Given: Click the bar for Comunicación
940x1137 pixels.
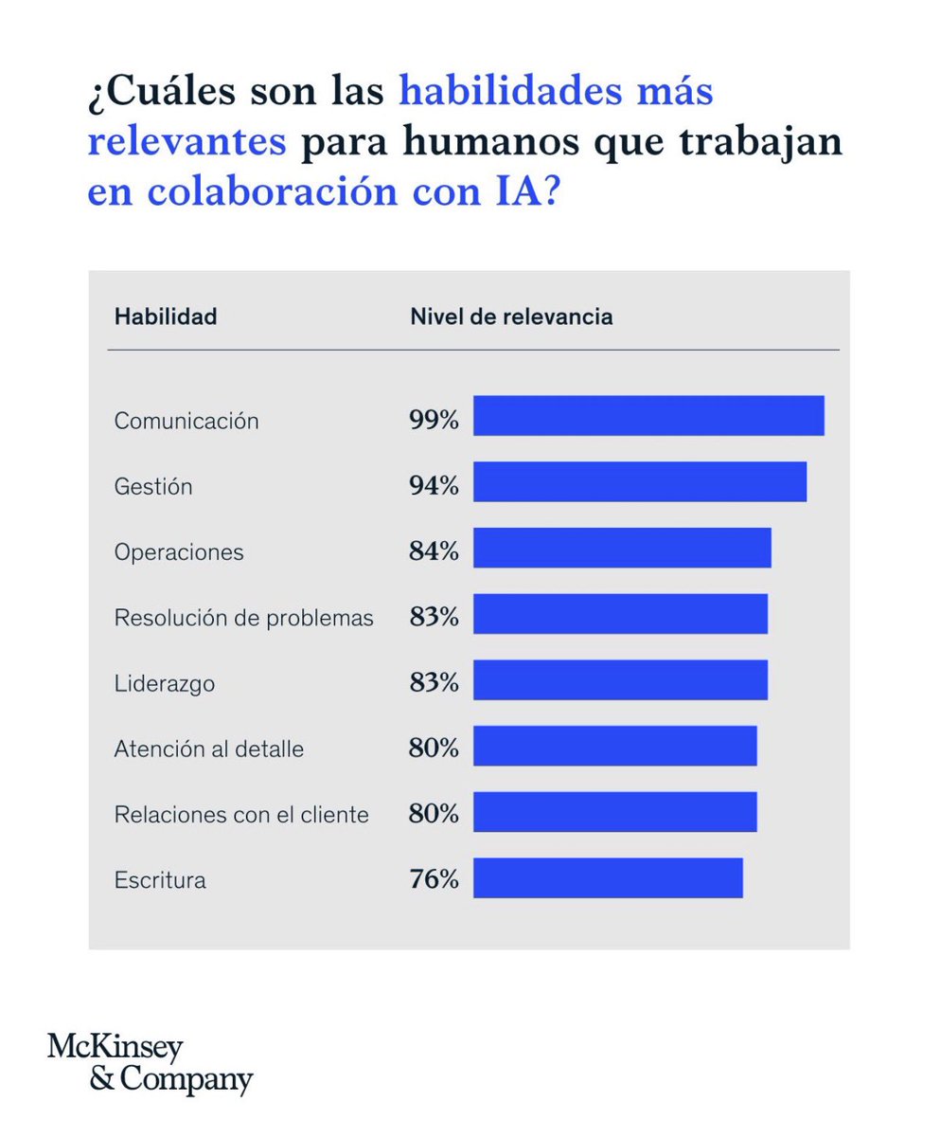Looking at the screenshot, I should [x=648, y=416].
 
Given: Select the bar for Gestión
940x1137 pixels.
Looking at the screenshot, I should [x=640, y=481].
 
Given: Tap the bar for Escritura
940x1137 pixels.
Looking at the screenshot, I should [x=608, y=877].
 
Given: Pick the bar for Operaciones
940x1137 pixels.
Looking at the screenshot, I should [x=622, y=548].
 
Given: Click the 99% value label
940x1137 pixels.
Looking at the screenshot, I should [x=434, y=420].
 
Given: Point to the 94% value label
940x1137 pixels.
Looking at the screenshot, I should [x=434, y=486].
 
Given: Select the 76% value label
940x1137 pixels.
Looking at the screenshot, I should [x=434, y=879].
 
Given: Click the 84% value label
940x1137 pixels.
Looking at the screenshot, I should [x=434, y=551].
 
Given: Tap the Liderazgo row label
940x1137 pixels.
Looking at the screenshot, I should [x=164, y=683].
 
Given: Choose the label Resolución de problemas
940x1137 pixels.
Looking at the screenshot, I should [x=243, y=618].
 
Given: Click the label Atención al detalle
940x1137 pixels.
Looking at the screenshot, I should [x=208, y=749].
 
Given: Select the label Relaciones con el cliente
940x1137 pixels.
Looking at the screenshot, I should [x=240, y=814].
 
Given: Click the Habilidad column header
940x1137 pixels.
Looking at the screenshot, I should [x=165, y=316].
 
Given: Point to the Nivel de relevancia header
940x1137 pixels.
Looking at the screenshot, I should [x=510, y=316].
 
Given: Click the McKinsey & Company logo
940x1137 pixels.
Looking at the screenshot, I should [x=150, y=1063].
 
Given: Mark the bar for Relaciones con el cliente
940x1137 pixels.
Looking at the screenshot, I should [x=614, y=811].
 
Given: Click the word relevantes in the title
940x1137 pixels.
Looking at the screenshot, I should [x=186, y=141].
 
